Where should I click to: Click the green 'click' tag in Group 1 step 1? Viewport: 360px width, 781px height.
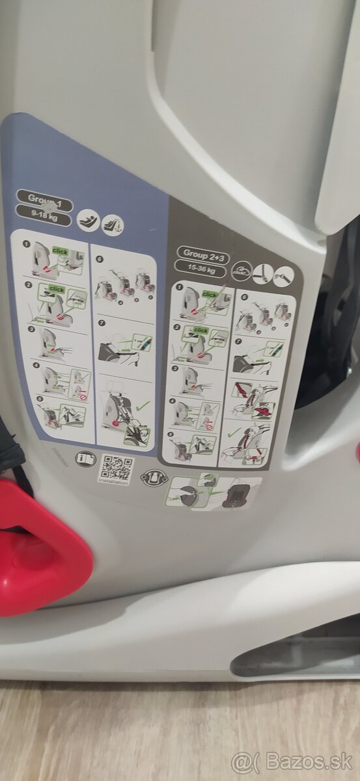point(60,251)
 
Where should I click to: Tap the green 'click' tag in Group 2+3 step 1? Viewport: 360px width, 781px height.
point(210,294)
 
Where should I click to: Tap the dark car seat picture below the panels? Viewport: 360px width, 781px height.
point(234,493)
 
